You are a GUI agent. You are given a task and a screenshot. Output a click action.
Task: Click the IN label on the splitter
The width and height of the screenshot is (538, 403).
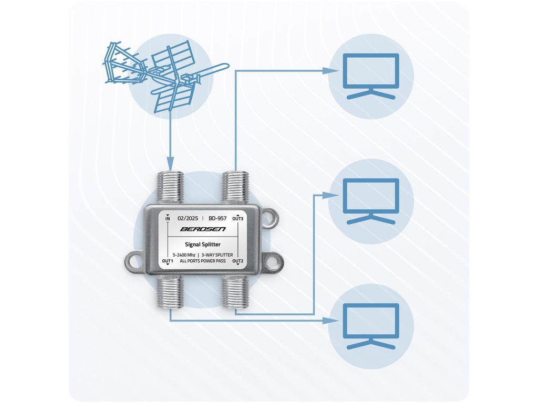[168, 218]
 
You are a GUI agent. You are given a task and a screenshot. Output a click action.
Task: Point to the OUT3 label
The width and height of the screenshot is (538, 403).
[238, 218]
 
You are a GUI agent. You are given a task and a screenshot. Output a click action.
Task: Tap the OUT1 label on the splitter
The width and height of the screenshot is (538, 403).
[168, 261]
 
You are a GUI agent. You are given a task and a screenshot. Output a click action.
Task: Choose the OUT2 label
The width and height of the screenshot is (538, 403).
[238, 261]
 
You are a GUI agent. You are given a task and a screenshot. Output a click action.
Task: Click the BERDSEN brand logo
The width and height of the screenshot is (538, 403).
[202, 229]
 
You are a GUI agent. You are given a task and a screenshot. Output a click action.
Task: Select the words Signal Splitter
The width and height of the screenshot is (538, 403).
[203, 244]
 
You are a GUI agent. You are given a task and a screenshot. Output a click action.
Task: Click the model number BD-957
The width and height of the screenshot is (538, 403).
[218, 217]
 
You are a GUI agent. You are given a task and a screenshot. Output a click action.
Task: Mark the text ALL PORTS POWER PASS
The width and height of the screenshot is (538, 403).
[203, 261]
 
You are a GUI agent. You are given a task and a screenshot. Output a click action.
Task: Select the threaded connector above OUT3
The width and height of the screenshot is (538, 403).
[235, 187]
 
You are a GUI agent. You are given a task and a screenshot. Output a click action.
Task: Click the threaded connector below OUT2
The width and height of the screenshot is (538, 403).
[235, 293]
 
